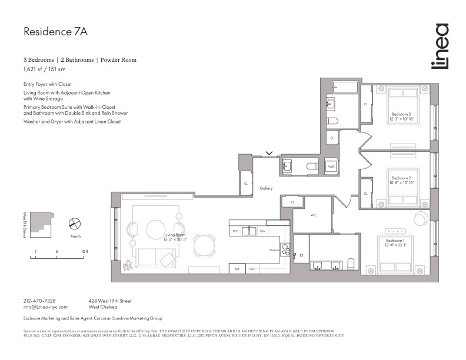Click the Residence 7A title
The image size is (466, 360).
click(55, 32)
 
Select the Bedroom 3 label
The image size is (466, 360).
click(401, 116)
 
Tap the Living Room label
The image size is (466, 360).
click(175, 237)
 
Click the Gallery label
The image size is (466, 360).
click(267, 189)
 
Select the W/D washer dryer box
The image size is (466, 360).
click(331, 167)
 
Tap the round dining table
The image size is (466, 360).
click(205, 245)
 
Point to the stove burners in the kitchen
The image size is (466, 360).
click(285, 249)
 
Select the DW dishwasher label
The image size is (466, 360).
click(262, 231)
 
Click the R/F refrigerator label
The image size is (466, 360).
click(237, 269)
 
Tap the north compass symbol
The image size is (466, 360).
click(75, 224)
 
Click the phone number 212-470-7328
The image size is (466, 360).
click(39, 301)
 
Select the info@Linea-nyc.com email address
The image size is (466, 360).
click(45, 307)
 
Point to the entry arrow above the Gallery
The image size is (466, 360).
click(269, 154)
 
